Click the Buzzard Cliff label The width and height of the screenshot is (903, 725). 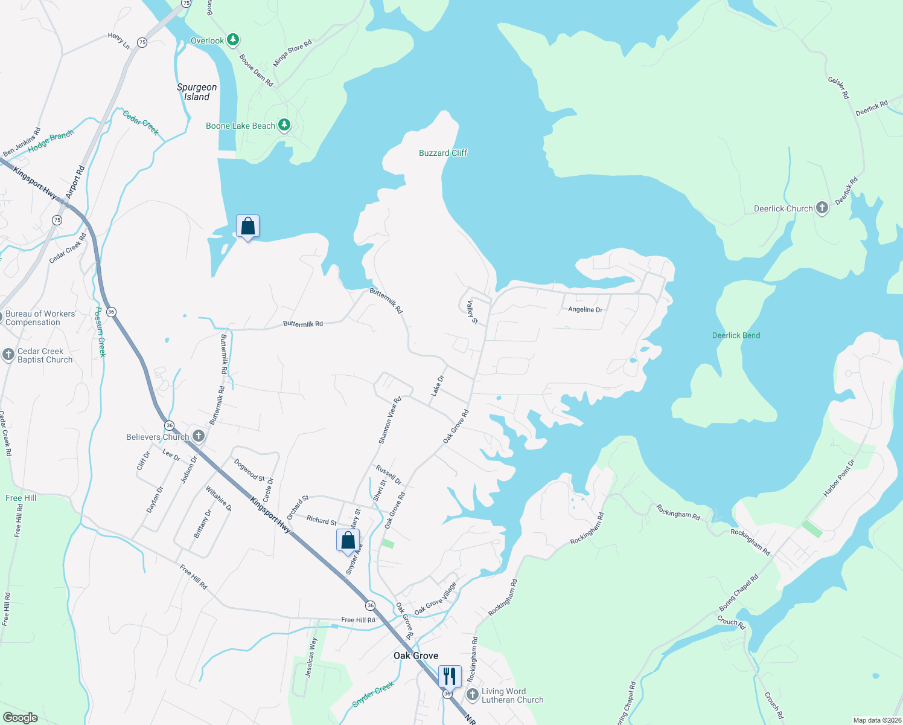point(443,153)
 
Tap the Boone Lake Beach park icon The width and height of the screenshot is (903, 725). point(284,126)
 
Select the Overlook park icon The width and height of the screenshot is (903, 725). point(232,40)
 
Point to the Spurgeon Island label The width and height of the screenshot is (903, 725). point(197,92)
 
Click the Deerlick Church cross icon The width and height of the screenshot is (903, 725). point(822,208)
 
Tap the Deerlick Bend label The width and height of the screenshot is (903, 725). point(736,335)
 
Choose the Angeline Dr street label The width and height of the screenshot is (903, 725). point(585,309)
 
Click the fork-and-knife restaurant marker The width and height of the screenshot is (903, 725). point(450,675)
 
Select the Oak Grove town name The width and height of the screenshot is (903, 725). point(416,656)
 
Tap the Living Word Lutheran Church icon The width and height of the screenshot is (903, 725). point(472,695)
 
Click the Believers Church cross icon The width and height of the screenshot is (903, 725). point(198,436)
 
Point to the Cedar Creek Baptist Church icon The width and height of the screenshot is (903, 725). point(8,355)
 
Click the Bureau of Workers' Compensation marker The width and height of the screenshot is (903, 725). point(0,318)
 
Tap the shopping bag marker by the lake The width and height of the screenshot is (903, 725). point(247,226)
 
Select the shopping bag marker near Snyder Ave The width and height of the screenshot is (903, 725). point(348,540)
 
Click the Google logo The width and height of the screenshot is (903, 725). point(21,718)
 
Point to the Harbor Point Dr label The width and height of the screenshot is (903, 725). point(839,478)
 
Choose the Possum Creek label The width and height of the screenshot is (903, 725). point(101,332)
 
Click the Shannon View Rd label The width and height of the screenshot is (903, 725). point(389,420)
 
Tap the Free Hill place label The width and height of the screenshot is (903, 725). point(21,498)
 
